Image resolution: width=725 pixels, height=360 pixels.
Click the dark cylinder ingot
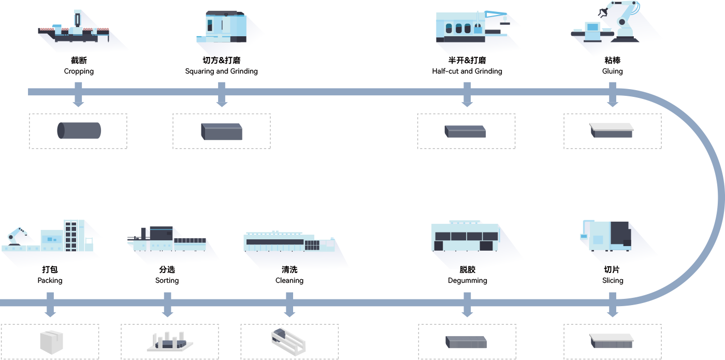click(79, 131)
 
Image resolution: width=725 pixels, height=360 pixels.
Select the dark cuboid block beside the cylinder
click(222, 132)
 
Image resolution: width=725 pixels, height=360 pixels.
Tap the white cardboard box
click(51, 342)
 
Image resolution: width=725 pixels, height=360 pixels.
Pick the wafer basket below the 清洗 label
click(288, 341)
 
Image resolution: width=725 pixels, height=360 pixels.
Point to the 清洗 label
click(289, 269)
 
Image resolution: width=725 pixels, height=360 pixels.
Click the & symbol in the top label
click(222, 60)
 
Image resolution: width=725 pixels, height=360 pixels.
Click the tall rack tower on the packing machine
click(71, 235)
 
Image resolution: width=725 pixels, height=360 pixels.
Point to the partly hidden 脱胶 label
click(467, 268)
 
